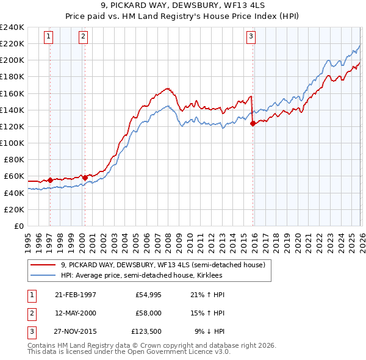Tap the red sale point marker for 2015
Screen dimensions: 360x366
253,123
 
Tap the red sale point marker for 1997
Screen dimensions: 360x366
51,180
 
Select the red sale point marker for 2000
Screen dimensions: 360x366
85,178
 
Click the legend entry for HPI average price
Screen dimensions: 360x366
142,275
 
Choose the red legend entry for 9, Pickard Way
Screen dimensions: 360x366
162,265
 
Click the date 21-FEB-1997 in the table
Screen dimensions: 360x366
75,295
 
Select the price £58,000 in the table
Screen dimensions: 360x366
148,313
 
